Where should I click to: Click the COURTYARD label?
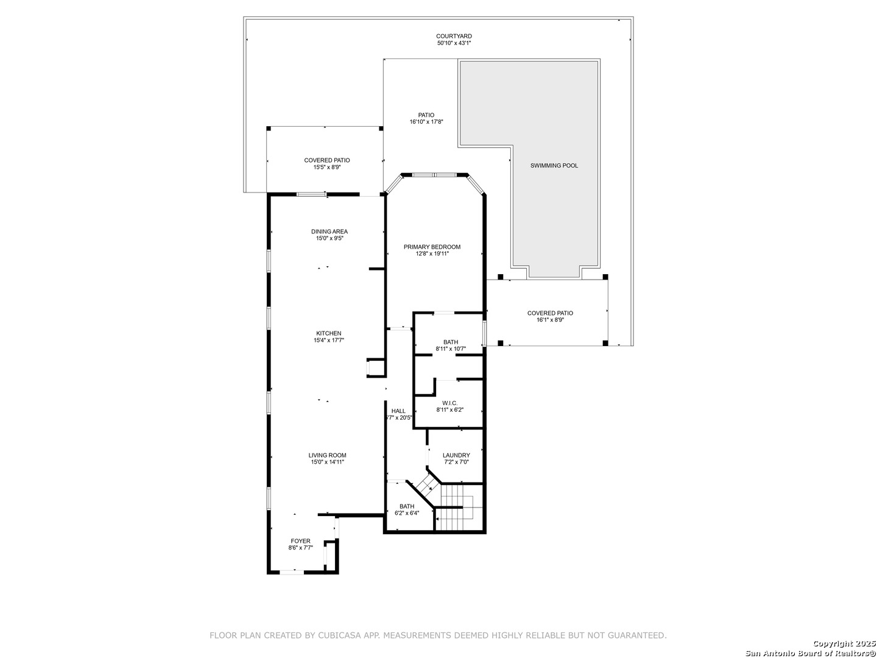(x=454, y=37)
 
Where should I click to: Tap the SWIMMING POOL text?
(x=554, y=165)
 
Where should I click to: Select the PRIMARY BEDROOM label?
(x=432, y=247)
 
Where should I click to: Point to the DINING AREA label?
(x=329, y=232)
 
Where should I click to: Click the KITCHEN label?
(x=329, y=333)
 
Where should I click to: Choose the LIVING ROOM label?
(x=327, y=455)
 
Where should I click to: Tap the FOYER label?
(x=300, y=541)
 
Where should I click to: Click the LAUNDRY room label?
(x=456, y=455)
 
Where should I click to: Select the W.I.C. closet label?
(x=450, y=403)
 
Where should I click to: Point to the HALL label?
(x=398, y=411)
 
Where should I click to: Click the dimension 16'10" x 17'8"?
(x=426, y=122)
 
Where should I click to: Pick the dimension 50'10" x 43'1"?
(x=454, y=43)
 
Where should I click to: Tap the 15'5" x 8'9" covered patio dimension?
(x=327, y=167)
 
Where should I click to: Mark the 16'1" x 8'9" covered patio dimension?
(x=550, y=320)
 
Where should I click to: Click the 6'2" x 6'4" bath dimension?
(x=407, y=513)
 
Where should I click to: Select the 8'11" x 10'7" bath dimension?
(x=451, y=348)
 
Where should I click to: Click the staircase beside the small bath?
(x=459, y=507)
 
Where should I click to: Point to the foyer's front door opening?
(x=291, y=573)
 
